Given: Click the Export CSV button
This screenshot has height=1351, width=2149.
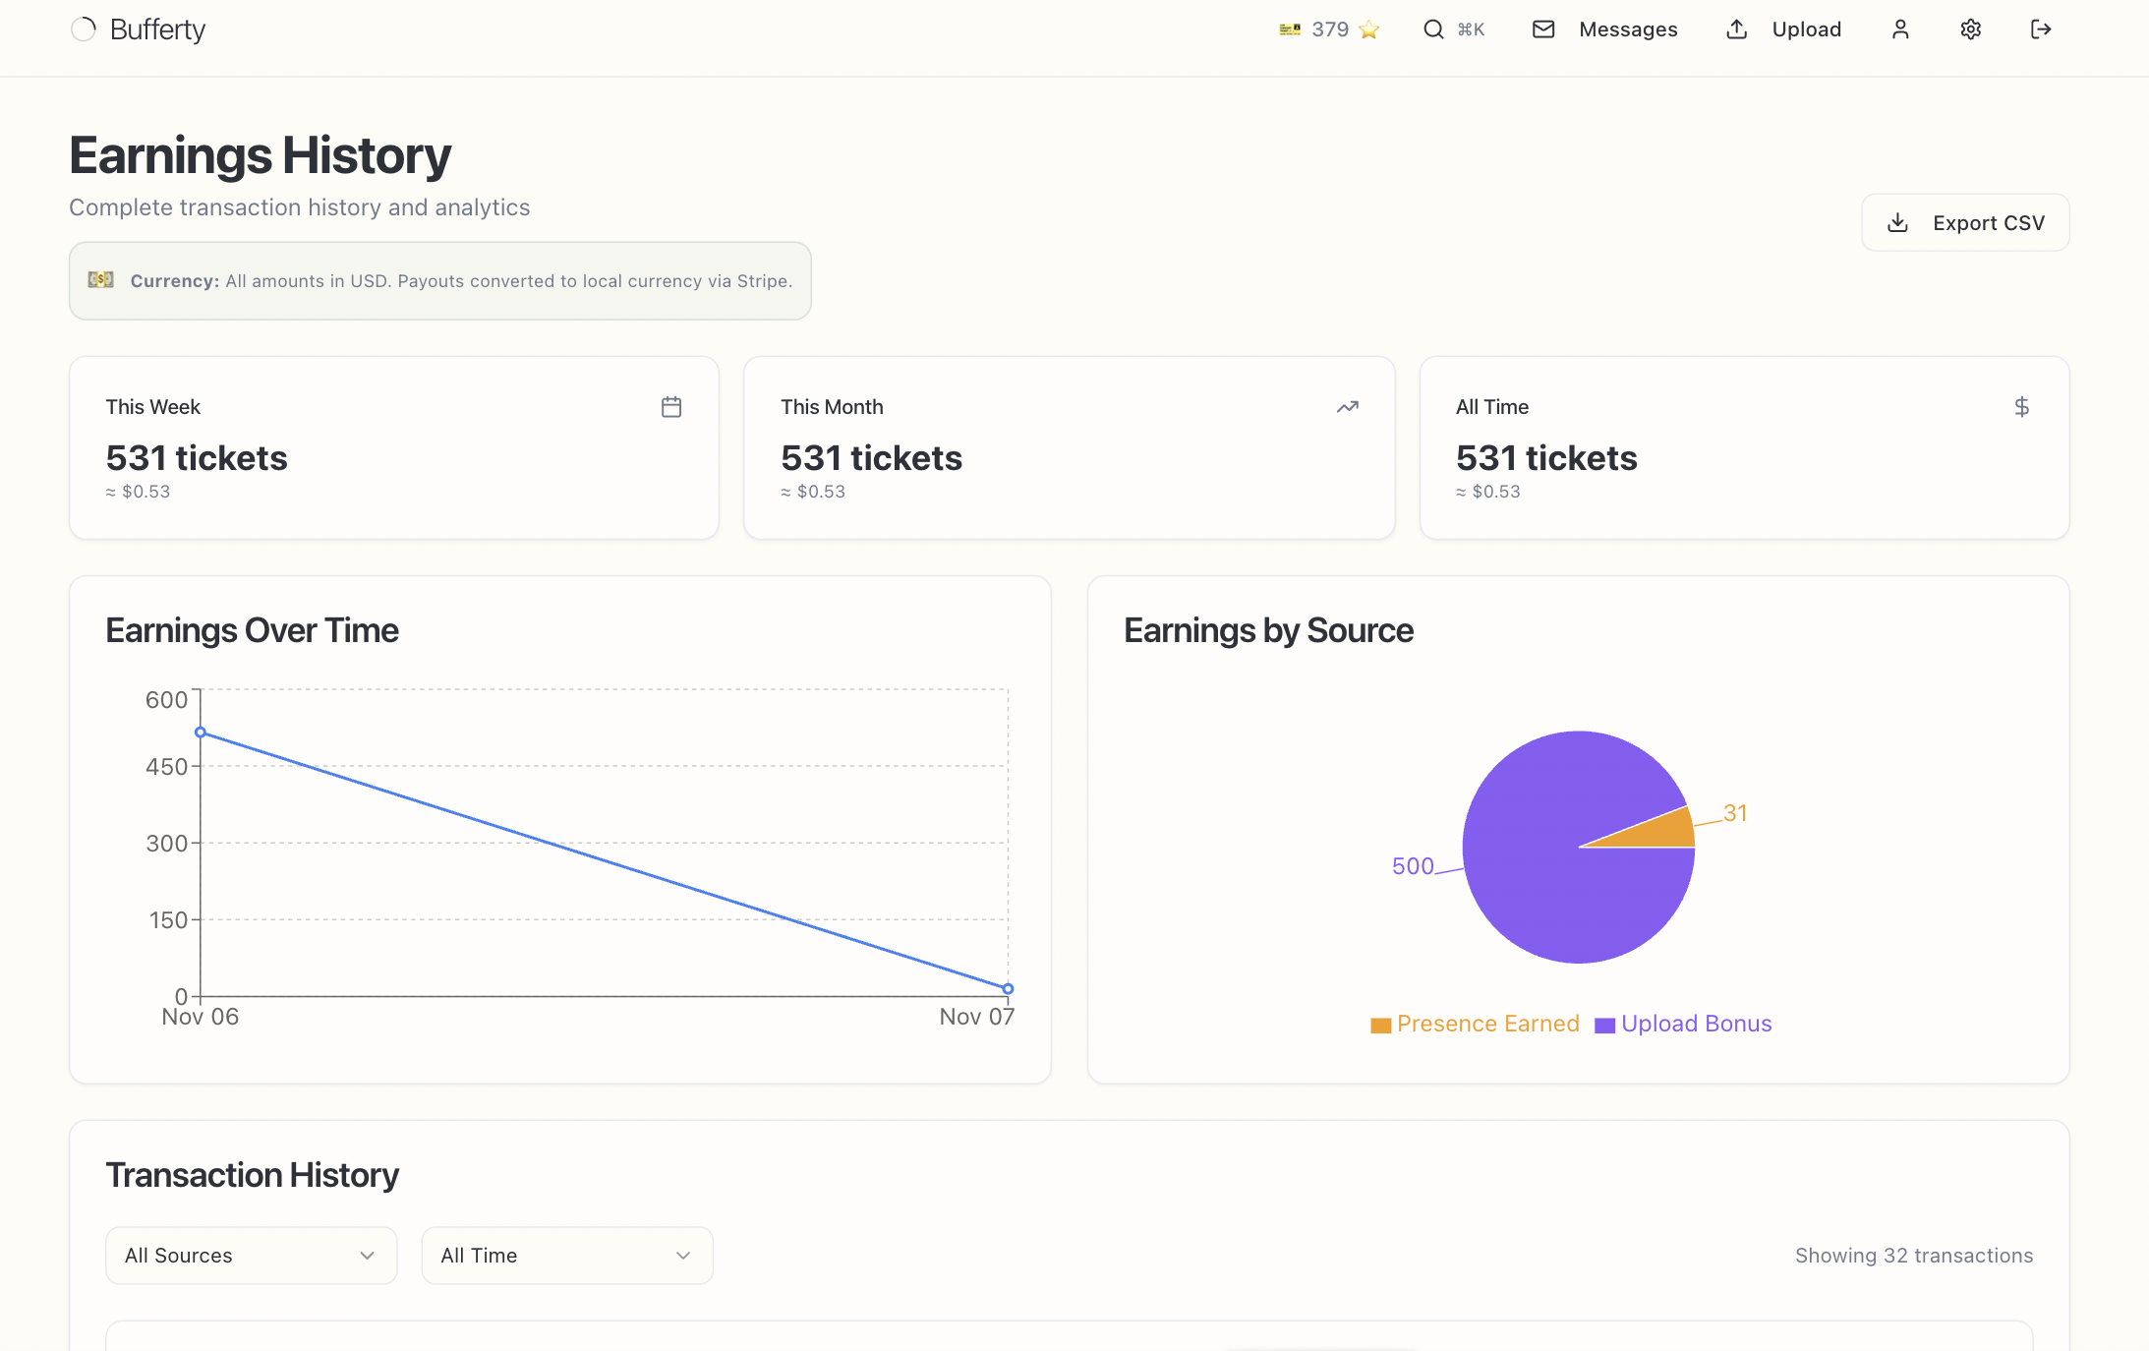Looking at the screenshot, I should click(x=1965, y=223).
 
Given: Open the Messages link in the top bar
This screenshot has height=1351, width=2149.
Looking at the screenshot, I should click(x=1606, y=29).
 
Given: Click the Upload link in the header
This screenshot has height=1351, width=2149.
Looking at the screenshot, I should click(x=1784, y=29).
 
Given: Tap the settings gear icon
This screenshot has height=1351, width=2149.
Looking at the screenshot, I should click(x=1970, y=29).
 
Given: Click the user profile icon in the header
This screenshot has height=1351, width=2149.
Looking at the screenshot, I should click(x=1900, y=29).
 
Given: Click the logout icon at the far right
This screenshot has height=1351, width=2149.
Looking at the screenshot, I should click(x=2041, y=29).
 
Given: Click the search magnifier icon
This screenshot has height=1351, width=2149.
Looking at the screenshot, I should click(x=1433, y=29).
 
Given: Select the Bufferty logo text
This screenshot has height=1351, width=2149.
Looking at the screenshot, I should click(x=157, y=29).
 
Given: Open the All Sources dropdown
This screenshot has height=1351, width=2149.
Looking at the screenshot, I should click(x=251, y=1256).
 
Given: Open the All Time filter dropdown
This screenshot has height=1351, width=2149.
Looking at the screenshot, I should click(x=566, y=1256).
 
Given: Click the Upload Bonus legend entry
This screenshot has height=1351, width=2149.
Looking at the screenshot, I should click(x=1684, y=1025).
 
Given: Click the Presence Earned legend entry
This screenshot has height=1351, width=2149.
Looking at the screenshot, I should click(x=1476, y=1025).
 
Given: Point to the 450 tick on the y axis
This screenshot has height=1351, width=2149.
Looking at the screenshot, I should click(x=166, y=767).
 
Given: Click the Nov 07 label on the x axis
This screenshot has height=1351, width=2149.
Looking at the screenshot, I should click(x=976, y=1017).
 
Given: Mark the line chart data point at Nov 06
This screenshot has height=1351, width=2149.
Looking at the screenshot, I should click(x=201, y=733).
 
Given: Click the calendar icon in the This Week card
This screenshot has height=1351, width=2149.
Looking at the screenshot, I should click(x=671, y=407).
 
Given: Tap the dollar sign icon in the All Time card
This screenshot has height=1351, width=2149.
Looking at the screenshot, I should click(x=2021, y=407).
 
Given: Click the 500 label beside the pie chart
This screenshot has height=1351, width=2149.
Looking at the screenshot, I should click(x=1413, y=866).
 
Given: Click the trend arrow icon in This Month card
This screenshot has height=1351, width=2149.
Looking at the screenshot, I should click(x=1347, y=407).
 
